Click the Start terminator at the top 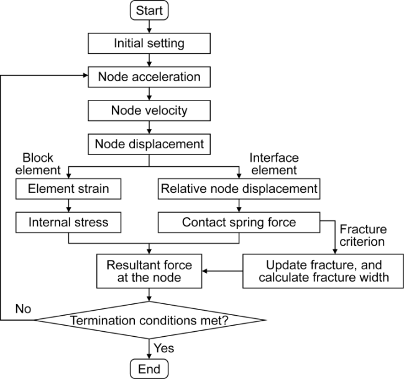(x=149, y=11)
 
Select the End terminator (x=149, y=368)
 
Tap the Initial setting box (x=149, y=43)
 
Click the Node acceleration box (x=149, y=77)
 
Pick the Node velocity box (x=149, y=110)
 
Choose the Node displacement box (x=149, y=144)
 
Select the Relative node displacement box (x=239, y=187)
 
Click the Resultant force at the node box (x=149, y=270)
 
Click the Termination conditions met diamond (x=149, y=321)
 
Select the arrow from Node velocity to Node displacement (x=149, y=127)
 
